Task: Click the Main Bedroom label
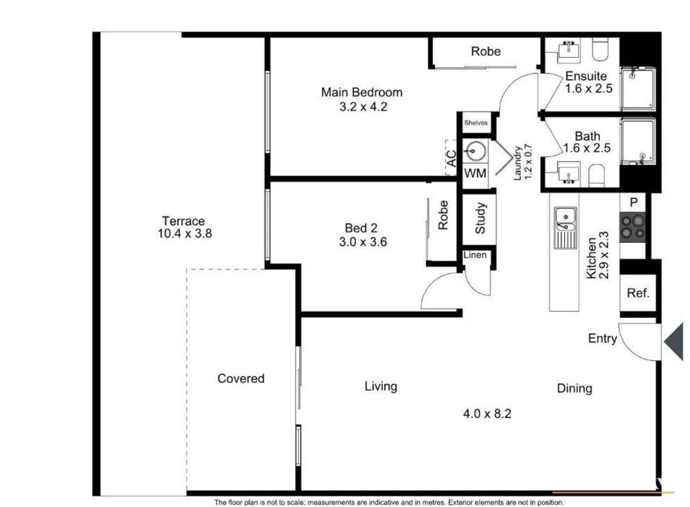[362, 93]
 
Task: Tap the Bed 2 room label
[361, 228]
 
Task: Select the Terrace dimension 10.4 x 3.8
[185, 234]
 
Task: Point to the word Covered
[240, 379]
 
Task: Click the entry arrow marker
[675, 341]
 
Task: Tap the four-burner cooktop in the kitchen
[632, 227]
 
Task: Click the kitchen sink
[565, 228]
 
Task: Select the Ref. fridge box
[638, 293]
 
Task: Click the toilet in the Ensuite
[600, 49]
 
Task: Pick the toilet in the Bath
[596, 175]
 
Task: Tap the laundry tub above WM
[475, 152]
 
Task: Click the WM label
[475, 173]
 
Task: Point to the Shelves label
[476, 122]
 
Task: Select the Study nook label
[480, 218]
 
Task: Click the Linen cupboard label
[475, 254]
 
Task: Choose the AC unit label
[451, 158]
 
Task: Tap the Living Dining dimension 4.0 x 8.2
[487, 414]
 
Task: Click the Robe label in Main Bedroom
[486, 52]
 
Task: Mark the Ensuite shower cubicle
[638, 89]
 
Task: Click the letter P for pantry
[634, 202]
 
